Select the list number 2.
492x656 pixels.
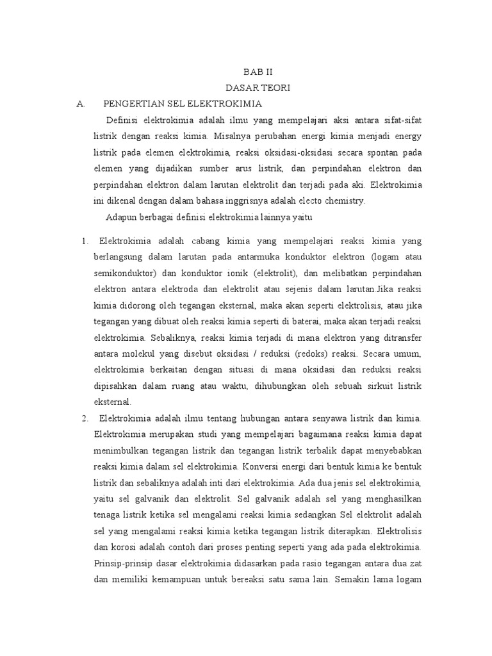pyautogui.click(x=85, y=418)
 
